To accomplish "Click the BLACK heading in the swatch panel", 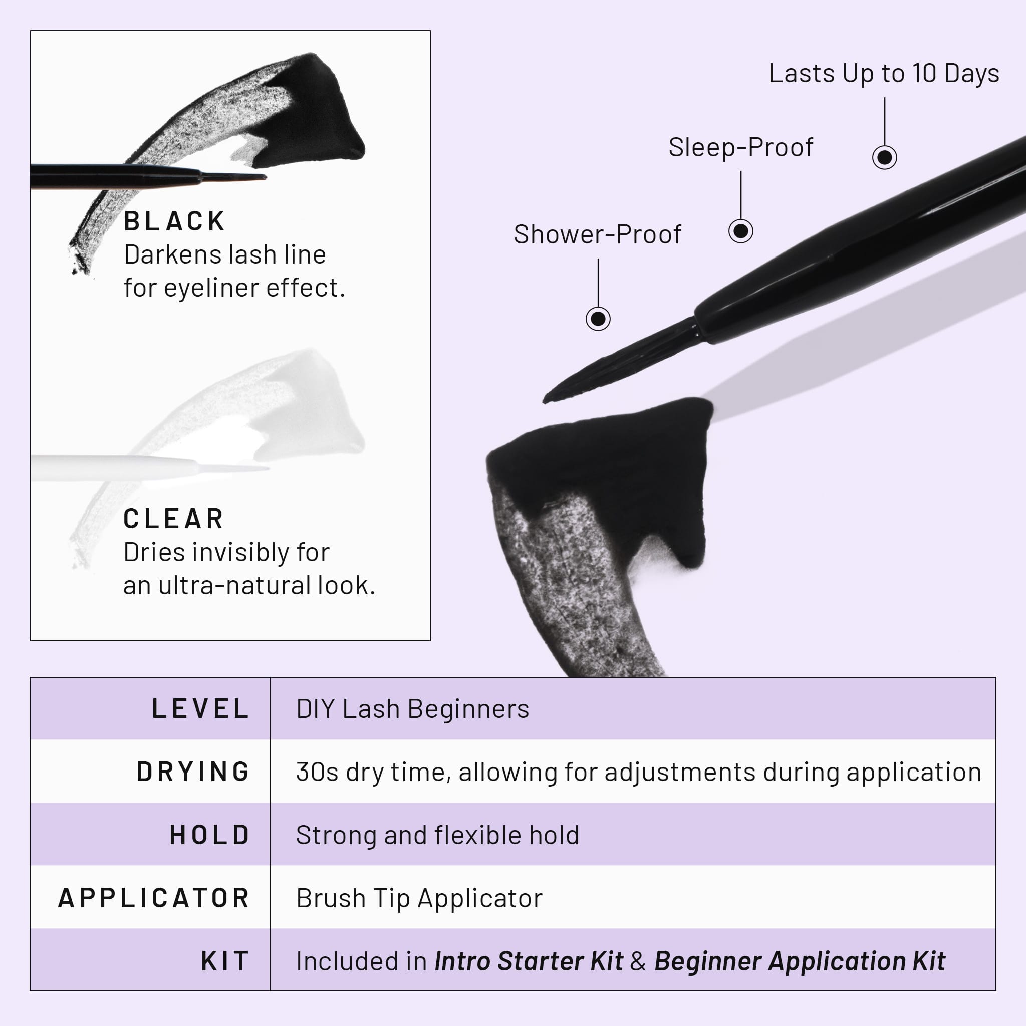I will [x=174, y=221].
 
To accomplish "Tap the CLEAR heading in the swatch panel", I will [x=173, y=519].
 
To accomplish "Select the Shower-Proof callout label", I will [x=598, y=235].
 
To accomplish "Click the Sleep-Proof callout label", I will [x=740, y=148].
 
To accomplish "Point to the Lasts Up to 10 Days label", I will [x=884, y=73].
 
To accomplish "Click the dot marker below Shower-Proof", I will [x=598, y=319].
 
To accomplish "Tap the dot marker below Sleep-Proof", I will [x=741, y=231].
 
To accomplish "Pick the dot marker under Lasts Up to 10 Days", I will [x=885, y=157].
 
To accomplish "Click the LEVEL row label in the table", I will [x=201, y=709].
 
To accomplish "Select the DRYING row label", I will [x=193, y=772].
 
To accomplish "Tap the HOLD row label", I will [x=210, y=835].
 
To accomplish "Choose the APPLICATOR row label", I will [x=154, y=898].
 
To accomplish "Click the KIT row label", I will [x=225, y=961].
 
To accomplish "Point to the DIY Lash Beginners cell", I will [x=413, y=709].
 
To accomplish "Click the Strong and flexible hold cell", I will [x=437, y=835].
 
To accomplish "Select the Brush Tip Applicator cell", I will [x=419, y=898].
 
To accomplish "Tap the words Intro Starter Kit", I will [x=529, y=961].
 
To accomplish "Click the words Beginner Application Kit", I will [x=800, y=961].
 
